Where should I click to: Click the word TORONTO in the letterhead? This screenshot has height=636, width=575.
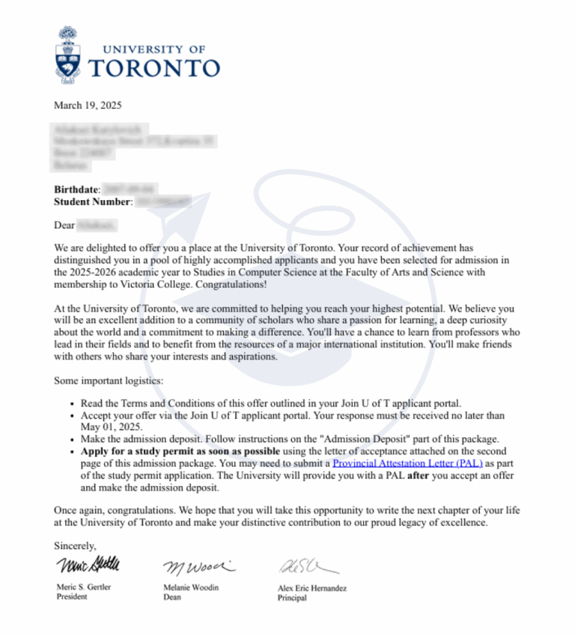(154, 68)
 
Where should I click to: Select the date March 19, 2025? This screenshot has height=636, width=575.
(88, 106)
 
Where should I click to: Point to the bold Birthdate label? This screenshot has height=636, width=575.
(76, 190)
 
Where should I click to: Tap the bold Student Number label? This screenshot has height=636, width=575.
(92, 202)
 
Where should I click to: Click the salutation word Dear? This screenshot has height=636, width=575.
(64, 225)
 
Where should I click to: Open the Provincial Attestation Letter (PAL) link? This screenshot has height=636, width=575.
(407, 463)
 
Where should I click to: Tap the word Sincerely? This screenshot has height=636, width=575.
(75, 546)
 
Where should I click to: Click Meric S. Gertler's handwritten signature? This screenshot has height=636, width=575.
(87, 564)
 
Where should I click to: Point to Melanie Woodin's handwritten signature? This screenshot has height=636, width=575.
(199, 565)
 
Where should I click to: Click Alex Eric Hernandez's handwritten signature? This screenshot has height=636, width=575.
(308, 566)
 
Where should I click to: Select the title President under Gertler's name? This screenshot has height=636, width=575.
(72, 597)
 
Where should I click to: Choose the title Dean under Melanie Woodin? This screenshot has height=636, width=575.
(172, 598)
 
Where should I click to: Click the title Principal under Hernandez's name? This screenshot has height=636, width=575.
(292, 599)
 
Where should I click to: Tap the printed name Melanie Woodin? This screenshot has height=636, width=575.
(191, 587)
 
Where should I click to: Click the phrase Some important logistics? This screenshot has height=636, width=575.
(103, 381)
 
